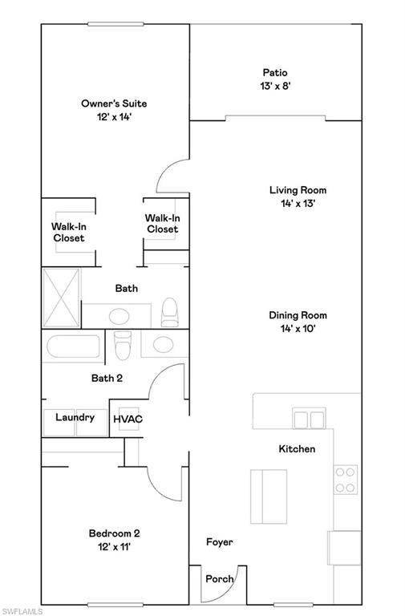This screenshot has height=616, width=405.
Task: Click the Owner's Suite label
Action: (114, 103)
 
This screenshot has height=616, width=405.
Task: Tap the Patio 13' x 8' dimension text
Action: (275, 86)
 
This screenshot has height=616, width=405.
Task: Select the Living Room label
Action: (298, 190)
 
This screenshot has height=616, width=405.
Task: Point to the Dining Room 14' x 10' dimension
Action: (298, 328)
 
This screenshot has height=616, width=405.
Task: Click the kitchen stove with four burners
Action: (346, 480)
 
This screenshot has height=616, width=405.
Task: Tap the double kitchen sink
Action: (309, 419)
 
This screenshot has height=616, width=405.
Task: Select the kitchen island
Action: (269, 496)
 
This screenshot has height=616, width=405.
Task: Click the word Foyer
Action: (220, 542)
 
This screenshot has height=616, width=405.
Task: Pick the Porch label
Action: (220, 578)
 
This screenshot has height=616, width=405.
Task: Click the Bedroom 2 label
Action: (115, 533)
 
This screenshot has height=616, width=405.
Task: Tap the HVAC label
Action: (128, 419)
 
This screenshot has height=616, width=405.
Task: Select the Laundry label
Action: (75, 417)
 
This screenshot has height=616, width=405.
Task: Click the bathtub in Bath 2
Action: (73, 346)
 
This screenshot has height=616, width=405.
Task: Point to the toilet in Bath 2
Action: (123, 346)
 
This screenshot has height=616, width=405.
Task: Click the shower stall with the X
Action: (61, 298)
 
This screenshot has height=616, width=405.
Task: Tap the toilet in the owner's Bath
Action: (170, 312)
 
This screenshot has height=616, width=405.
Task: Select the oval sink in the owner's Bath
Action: (119, 316)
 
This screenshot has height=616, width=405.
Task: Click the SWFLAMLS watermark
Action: (22, 611)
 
